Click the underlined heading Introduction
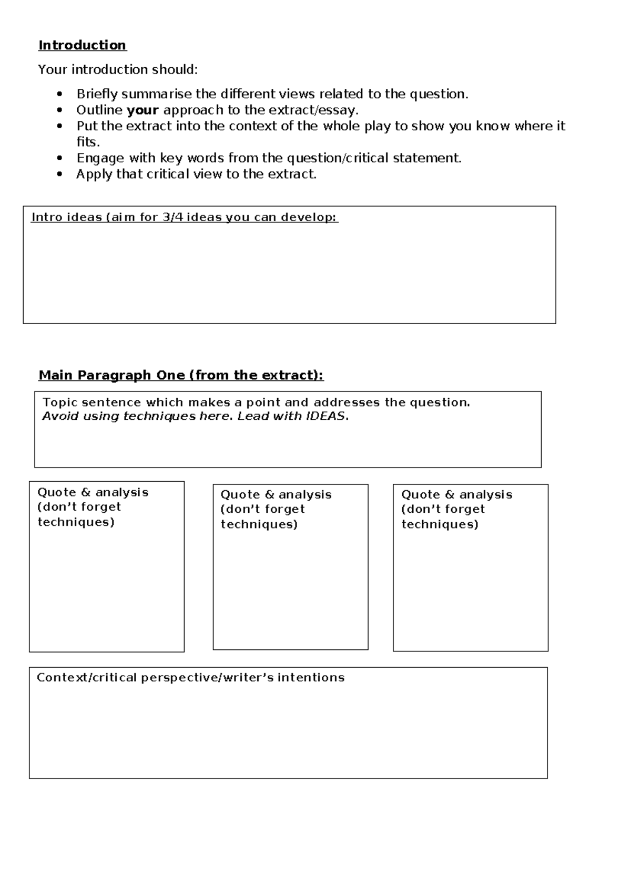(82, 45)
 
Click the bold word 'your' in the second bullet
(143, 110)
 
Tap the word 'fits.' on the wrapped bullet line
(88, 142)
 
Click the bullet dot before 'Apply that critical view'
(60, 174)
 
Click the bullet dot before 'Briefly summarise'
(60, 95)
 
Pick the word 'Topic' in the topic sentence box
(60, 402)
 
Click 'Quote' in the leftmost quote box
(57, 492)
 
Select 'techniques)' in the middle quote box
(259, 524)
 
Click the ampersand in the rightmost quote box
(450, 495)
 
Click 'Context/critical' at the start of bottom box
(87, 678)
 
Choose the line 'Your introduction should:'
(118, 69)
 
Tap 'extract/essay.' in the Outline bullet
(313, 110)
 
